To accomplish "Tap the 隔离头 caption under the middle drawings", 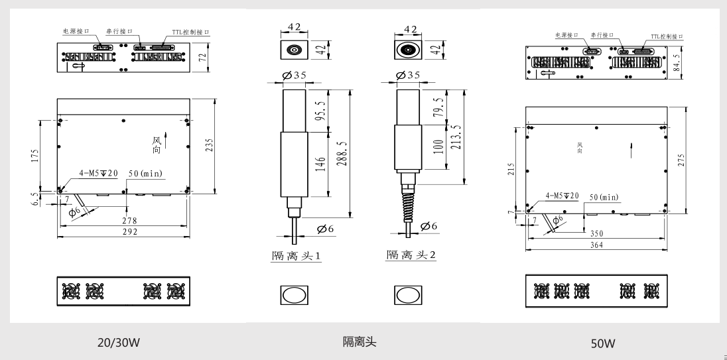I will pyautogui.click(x=360, y=343).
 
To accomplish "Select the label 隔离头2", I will pyautogui.click(x=411, y=255).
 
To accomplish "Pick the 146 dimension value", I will pyautogui.click(x=320, y=164).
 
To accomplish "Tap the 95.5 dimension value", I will pyautogui.click(x=320, y=109).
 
